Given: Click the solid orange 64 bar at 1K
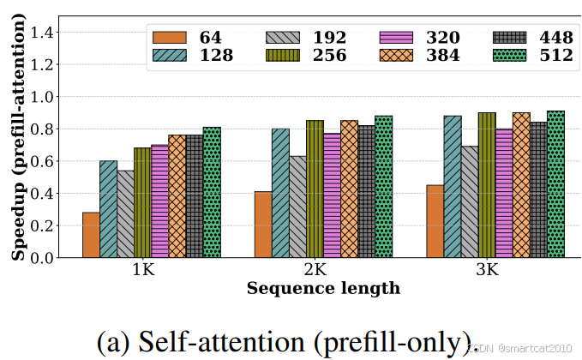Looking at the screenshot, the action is pyautogui.click(x=91, y=235).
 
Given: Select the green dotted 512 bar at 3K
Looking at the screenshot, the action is pyautogui.click(x=555, y=184).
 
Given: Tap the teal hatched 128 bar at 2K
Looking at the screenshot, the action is pyautogui.click(x=280, y=193).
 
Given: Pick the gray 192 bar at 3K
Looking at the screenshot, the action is pyautogui.click(x=470, y=201).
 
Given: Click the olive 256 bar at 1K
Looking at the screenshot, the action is pyautogui.click(x=142, y=202).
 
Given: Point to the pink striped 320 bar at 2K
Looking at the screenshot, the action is pyautogui.click(x=333, y=195).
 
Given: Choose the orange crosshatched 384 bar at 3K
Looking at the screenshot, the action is pyautogui.click(x=521, y=185).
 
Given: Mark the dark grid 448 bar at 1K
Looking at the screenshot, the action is pyautogui.click(x=195, y=196).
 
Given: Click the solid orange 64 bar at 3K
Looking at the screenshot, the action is pyautogui.click(x=435, y=221).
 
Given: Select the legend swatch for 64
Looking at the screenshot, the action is pyautogui.click(x=170, y=38).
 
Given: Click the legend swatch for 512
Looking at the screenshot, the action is pyautogui.click(x=510, y=56).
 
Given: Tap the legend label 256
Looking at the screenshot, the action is pyautogui.click(x=330, y=56).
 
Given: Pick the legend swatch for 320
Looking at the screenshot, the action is pyautogui.click(x=396, y=38).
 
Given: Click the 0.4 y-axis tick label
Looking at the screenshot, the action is pyautogui.click(x=41, y=194).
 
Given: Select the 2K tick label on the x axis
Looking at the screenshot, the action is pyautogui.click(x=315, y=270).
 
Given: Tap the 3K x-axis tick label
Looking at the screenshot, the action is pyautogui.click(x=488, y=270).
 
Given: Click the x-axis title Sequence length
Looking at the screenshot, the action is pyautogui.click(x=323, y=288).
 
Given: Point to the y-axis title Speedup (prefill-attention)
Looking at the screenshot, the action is pyautogui.click(x=18, y=136).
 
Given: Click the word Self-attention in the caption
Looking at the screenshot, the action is pyautogui.click(x=222, y=341).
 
